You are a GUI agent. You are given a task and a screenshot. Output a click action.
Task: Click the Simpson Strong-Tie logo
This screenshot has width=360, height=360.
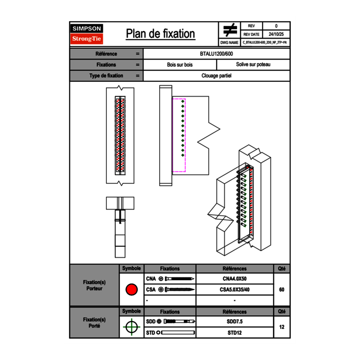pos(87,34)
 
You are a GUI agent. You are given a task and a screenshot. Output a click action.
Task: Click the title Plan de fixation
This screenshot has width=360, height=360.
pos(160,34)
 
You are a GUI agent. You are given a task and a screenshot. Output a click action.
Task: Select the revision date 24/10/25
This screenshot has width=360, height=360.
pos(276,34)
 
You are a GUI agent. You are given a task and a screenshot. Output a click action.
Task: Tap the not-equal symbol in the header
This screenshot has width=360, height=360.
pos(229,30)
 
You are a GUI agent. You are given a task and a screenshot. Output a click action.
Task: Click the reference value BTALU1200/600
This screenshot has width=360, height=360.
pos(216,54)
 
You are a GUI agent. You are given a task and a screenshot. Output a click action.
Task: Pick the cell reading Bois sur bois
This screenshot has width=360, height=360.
pos(180,65)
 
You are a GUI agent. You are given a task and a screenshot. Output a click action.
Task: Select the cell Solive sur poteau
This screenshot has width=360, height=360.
pos(253,65)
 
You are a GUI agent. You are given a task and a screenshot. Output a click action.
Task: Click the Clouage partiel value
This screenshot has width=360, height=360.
pos(216,76)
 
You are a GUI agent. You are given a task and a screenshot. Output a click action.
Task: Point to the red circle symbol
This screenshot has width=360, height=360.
pos(131,290)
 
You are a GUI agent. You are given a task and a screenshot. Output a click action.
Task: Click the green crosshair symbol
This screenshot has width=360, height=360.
pos(131,327)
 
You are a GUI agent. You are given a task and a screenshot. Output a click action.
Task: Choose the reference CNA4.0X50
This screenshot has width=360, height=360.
pos(234,279)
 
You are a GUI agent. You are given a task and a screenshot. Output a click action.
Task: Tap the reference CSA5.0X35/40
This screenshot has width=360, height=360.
pos(234,290)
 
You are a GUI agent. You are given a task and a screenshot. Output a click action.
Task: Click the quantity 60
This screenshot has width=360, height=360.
pos(281,290)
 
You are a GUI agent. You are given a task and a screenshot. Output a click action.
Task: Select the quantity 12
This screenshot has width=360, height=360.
pos(281,327)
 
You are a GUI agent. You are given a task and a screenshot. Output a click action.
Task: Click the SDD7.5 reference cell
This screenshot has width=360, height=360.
pos(234,322)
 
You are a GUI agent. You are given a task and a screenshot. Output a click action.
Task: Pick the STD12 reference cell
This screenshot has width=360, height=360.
pos(234,333)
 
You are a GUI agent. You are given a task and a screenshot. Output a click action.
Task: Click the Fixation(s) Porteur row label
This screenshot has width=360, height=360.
pos(94,285)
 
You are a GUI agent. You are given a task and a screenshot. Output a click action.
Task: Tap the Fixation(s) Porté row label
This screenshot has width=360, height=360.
pos(94,322)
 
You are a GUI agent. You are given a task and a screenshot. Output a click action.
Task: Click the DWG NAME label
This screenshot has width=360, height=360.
pos(229,43)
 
